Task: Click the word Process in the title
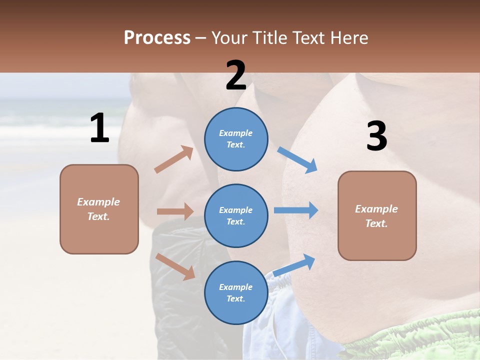point(157,38)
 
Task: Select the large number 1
point(99,128)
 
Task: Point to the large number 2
point(236,75)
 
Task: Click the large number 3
point(376,136)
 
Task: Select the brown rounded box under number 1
point(99,209)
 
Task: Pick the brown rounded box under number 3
point(377,215)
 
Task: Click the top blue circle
point(236,139)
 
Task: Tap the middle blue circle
point(236,215)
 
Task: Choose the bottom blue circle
point(236,292)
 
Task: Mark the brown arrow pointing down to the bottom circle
point(175,266)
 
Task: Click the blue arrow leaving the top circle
point(297,159)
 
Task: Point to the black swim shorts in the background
point(180,280)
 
